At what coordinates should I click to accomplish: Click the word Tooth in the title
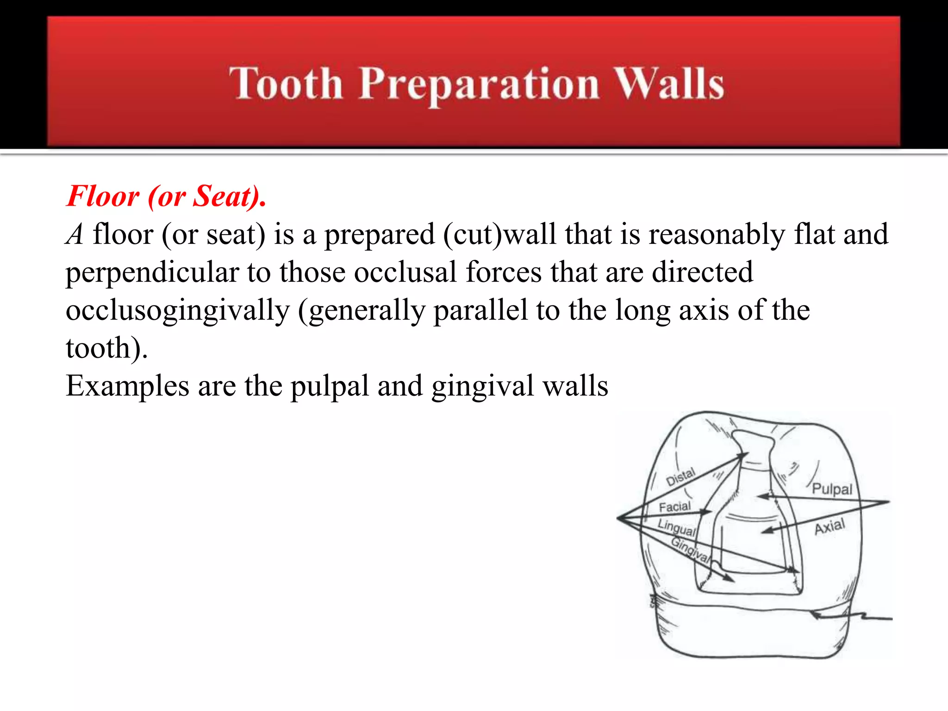[x=286, y=84]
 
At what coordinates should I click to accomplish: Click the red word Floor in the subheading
[x=103, y=196]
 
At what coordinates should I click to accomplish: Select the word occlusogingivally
[x=177, y=311]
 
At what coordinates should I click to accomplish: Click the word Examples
[x=127, y=386]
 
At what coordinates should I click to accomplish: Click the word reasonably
[x=717, y=235]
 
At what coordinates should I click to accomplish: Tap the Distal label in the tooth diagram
[x=680, y=477]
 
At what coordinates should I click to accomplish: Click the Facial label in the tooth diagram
[x=674, y=507]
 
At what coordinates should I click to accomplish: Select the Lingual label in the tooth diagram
[x=677, y=528]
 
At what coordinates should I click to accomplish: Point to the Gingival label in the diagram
[x=690, y=549]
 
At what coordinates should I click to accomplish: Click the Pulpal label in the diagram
[x=832, y=489]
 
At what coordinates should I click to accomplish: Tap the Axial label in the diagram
[x=829, y=527]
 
